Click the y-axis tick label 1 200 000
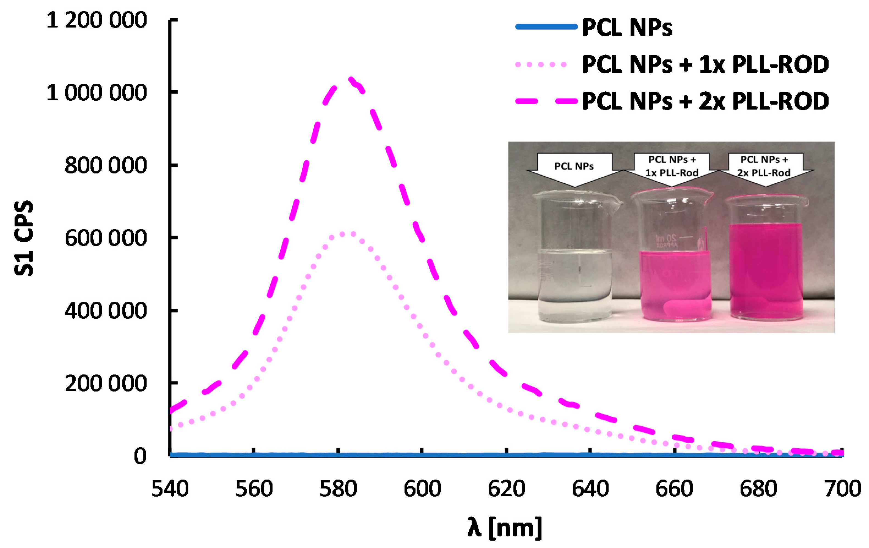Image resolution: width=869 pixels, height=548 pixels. tap(96, 20)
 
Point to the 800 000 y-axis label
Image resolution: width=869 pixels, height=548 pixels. tap(105, 165)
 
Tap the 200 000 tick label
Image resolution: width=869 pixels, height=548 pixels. tap(105, 383)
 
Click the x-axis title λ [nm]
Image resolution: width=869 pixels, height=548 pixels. tap(505, 528)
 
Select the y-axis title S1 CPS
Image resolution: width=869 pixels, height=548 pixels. tap(24, 238)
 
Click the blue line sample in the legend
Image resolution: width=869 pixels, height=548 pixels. tap(546, 27)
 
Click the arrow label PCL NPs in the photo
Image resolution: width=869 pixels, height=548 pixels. tap(574, 167)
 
